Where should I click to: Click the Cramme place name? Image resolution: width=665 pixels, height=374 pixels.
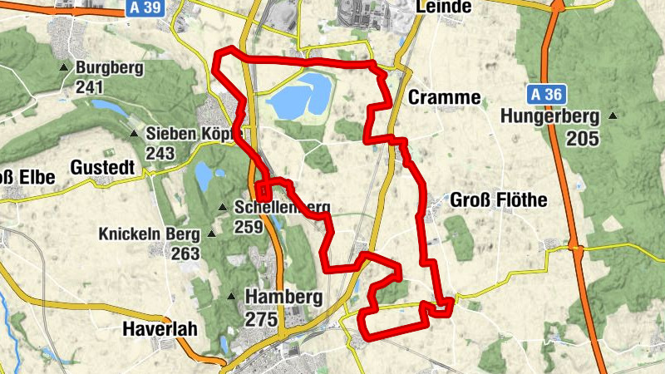445,98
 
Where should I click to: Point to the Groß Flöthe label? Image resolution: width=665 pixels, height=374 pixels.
499,200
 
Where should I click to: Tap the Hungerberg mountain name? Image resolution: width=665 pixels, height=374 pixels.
549,117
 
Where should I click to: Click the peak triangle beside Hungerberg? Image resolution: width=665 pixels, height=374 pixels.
613,116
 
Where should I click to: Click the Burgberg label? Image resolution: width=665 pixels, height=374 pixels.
109,68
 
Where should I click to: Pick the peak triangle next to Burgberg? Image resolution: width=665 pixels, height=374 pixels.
64,67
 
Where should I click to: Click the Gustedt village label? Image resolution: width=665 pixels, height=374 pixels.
102,167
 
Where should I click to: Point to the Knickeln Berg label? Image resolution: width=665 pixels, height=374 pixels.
150,234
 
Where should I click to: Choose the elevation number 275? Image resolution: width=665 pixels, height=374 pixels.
262,318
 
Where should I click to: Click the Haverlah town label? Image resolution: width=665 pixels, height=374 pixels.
159,329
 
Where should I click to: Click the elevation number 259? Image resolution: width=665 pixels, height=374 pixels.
251,226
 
